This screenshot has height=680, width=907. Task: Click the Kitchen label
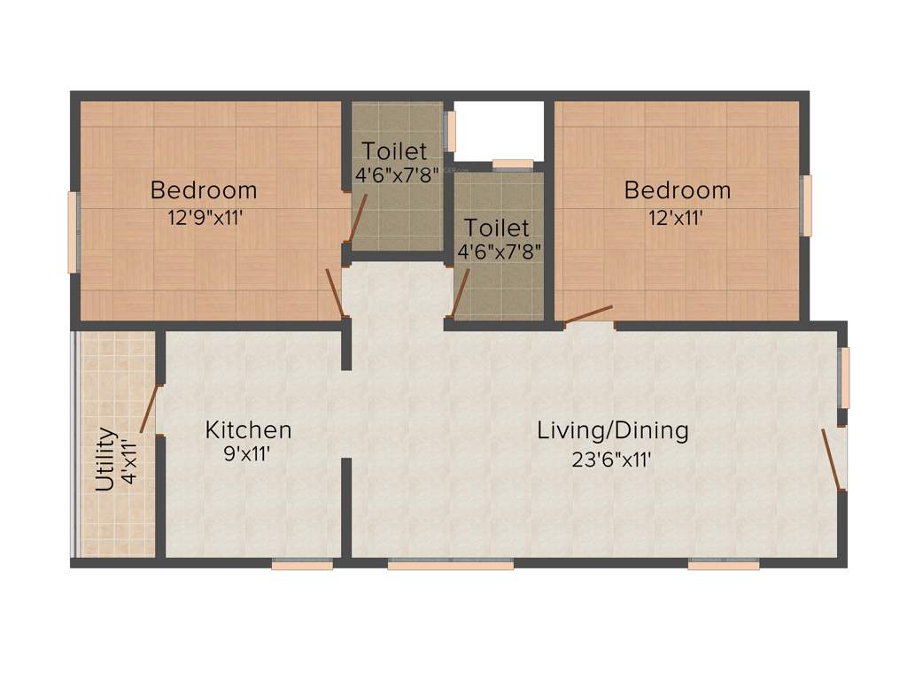click(248, 430)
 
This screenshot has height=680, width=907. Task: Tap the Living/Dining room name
click(613, 430)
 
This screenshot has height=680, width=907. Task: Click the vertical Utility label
click(105, 460)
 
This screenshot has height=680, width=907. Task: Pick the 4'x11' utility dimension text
click(130, 460)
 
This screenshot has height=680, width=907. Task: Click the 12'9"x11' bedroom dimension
click(205, 217)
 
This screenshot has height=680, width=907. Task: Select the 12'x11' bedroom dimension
click(677, 217)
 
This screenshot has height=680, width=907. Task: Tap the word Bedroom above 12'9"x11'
click(204, 189)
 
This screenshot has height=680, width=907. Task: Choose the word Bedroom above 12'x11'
click(678, 189)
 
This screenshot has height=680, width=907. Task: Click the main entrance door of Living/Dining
click(833, 459)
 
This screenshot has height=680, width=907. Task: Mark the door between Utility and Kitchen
click(149, 410)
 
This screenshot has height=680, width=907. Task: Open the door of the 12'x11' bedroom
click(588, 315)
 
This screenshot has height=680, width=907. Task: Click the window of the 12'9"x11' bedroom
click(74, 232)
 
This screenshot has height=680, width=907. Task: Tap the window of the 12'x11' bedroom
click(806, 205)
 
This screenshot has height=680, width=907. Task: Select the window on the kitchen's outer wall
click(302, 564)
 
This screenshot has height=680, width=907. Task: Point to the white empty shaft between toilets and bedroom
click(499, 130)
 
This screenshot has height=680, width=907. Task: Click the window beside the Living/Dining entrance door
click(844, 378)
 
